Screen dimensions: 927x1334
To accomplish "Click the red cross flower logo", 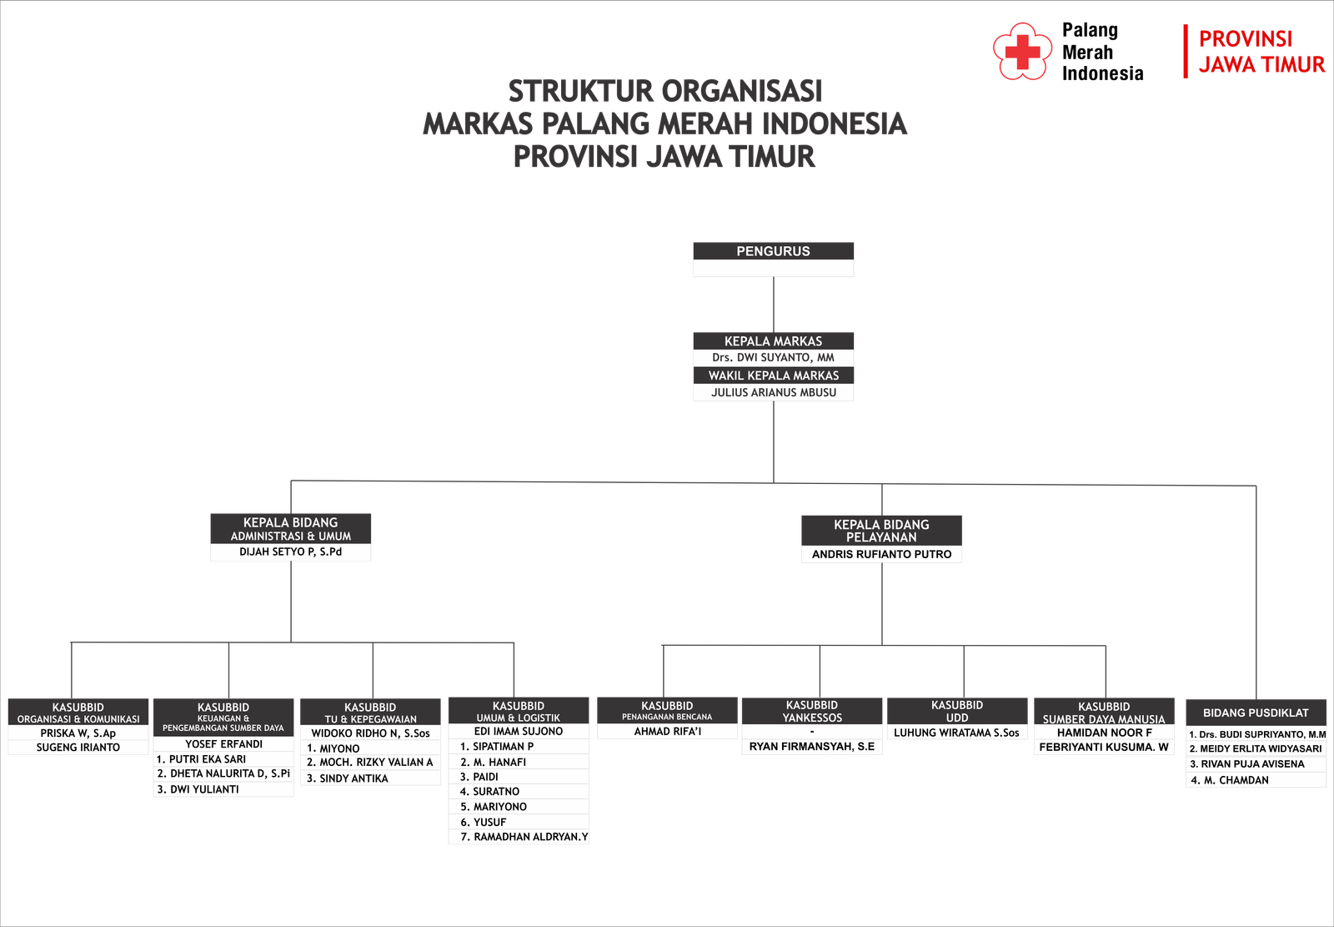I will click(1022, 52).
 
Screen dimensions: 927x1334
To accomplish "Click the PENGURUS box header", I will click(773, 251).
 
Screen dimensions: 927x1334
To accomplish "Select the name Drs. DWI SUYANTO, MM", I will click(773, 357).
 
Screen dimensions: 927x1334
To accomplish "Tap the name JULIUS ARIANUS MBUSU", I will click(773, 392).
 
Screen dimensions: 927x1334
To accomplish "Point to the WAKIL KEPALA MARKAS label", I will click(773, 375).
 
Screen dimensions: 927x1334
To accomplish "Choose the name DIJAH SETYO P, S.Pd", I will click(290, 552).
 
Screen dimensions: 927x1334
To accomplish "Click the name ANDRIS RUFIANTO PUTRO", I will click(881, 554).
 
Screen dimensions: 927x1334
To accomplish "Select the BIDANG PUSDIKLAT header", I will click(1256, 713).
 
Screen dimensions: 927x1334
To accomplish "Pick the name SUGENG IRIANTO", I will click(78, 748).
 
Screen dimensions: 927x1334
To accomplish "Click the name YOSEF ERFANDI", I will click(223, 743).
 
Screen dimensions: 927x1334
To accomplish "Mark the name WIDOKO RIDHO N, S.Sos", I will click(370, 733).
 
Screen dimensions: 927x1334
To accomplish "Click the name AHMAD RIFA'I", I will click(667, 732).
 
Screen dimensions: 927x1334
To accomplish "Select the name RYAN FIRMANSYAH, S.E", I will click(811, 747).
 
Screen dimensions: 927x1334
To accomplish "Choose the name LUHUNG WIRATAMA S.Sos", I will click(956, 733).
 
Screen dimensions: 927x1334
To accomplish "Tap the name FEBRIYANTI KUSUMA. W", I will click(1103, 747).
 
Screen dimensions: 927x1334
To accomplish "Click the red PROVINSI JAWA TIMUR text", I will click(1261, 52).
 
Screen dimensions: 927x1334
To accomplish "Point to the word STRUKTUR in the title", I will click(580, 91).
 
